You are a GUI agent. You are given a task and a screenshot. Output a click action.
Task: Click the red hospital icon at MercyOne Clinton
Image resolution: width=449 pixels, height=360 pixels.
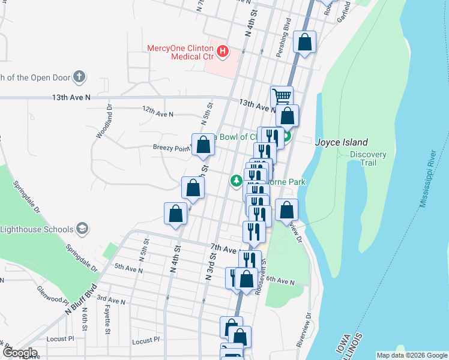[223, 52]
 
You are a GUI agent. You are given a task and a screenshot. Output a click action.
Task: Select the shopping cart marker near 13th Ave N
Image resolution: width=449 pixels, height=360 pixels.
[282, 97]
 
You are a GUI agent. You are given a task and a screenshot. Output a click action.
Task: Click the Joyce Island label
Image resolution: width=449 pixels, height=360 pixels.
[342, 142]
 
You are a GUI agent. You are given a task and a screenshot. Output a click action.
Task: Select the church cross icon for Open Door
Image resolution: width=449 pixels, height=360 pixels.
[79, 76]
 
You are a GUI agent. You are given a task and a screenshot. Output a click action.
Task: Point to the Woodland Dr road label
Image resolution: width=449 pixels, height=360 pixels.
[102, 121]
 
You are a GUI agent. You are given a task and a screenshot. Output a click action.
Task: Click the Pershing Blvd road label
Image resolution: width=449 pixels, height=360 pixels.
[283, 41]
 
